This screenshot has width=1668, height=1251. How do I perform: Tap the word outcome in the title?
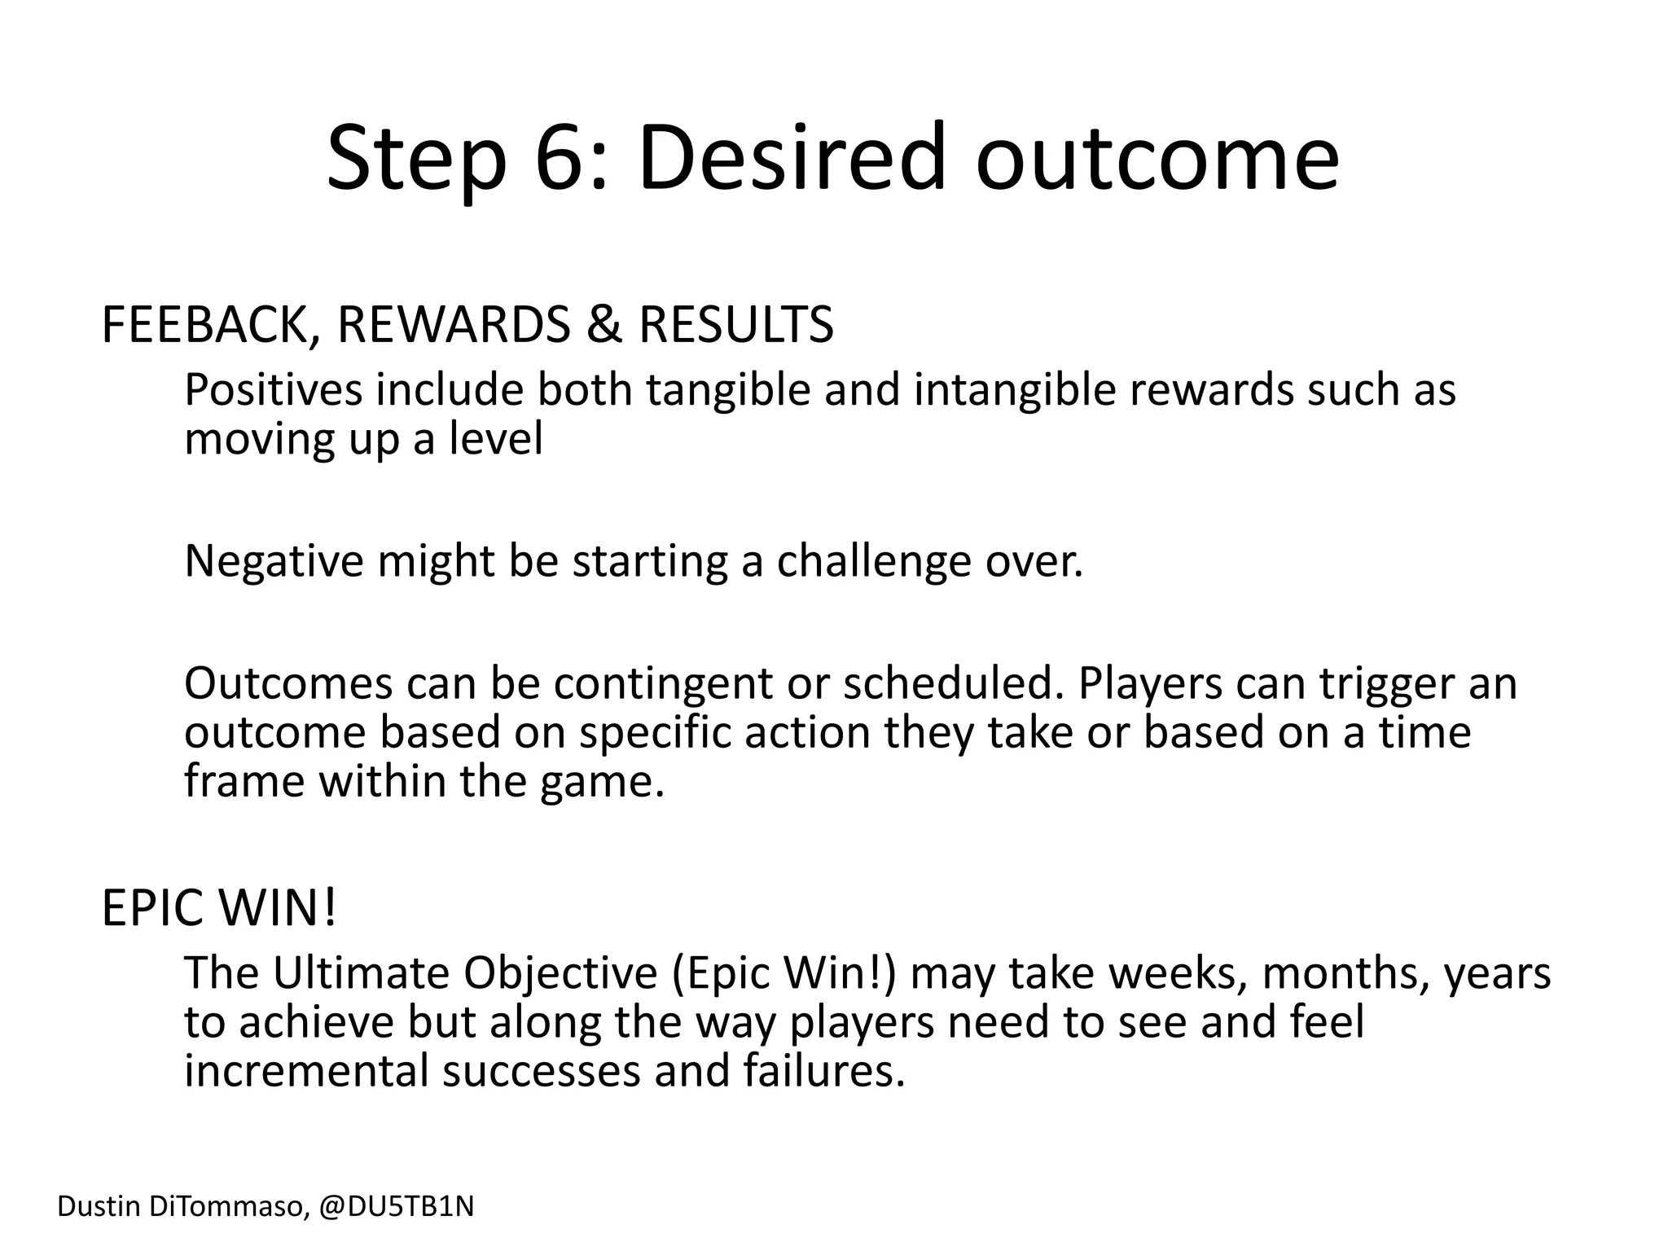coord(1157,157)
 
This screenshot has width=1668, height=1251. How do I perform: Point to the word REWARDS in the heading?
coord(454,325)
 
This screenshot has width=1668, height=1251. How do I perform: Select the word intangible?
coord(1013,390)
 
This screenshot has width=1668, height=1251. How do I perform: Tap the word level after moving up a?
coord(495,439)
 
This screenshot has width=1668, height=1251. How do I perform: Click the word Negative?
coord(273,561)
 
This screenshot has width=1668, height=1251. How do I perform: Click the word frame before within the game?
coord(244,781)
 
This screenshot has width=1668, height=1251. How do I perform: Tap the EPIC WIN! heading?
coord(218,908)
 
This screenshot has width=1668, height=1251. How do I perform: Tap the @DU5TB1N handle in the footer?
coord(396,1206)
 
